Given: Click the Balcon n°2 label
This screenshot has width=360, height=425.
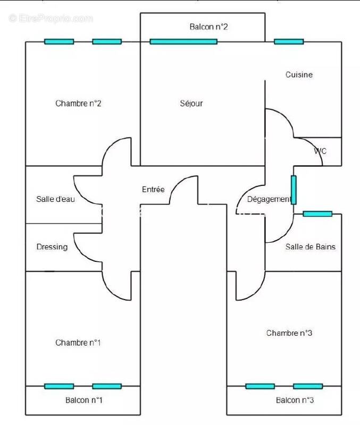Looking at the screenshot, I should click(x=208, y=27).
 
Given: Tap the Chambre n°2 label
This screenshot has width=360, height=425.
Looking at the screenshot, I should click(x=78, y=104).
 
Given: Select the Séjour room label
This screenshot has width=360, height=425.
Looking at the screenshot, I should click(x=191, y=104).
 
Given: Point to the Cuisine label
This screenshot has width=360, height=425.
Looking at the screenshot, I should click(x=299, y=75).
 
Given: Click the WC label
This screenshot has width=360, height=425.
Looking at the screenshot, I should click(x=320, y=151).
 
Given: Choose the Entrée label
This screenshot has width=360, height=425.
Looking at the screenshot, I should click(x=153, y=190).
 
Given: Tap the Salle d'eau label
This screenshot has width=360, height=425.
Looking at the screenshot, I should click(x=55, y=199).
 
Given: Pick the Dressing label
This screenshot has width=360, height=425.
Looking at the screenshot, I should click(x=52, y=247).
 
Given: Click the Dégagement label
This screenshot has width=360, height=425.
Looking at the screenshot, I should click(x=269, y=199).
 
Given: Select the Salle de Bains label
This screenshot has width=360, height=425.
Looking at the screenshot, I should click(x=311, y=247).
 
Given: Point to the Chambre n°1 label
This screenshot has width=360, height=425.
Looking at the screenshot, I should click(x=78, y=343).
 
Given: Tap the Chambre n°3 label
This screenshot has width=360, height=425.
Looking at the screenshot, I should click(x=289, y=333).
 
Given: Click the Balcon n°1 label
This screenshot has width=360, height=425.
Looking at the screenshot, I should click(x=83, y=400).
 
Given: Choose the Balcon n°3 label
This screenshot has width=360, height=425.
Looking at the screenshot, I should click(x=295, y=400).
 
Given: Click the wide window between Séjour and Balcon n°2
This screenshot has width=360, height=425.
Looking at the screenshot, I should click(x=183, y=41).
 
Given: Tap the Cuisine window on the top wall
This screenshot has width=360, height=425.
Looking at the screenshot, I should click(x=289, y=41).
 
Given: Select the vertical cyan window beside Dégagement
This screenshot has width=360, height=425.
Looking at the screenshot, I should click(x=294, y=190).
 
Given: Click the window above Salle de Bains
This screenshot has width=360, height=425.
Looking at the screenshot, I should click(x=317, y=214).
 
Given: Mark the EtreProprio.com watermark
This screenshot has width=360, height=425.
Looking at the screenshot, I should click(x=51, y=19).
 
